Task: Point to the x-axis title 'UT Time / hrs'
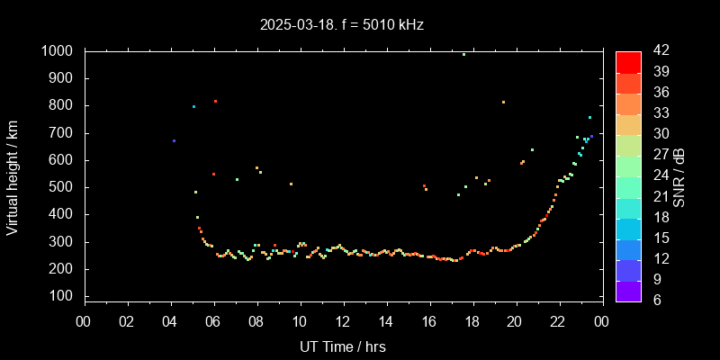343,346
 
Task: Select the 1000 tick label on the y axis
58,51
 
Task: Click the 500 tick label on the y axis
61,187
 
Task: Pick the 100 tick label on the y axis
61,296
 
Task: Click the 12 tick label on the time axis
343,321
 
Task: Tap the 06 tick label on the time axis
213,321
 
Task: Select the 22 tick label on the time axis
558,321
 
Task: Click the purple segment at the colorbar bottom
628,290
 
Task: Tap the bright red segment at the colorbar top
628,61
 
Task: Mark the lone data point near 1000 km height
463,54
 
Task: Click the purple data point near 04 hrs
174,140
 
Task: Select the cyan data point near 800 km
193,106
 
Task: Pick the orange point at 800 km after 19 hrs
503,102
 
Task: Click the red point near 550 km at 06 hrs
213,174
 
